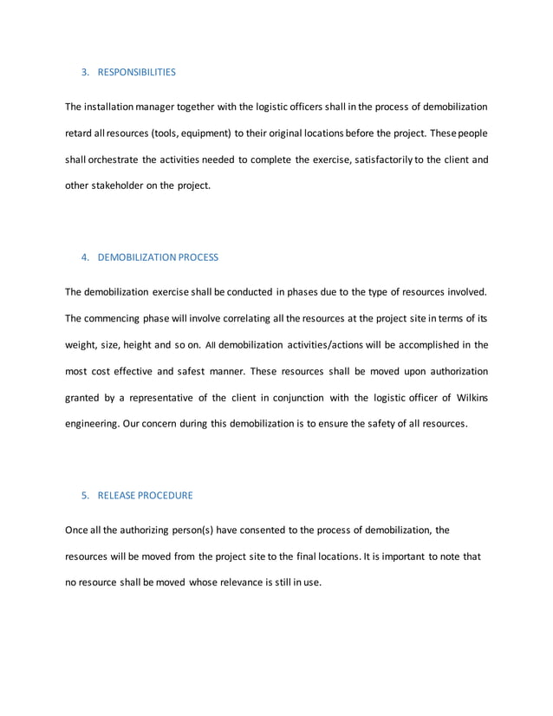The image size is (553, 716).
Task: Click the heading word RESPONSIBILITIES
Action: [136, 72]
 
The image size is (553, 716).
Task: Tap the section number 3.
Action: [85, 72]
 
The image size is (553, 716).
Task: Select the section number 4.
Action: [85, 257]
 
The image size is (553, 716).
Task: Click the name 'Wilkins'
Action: [468, 398]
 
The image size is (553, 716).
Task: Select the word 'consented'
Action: [256, 530]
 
